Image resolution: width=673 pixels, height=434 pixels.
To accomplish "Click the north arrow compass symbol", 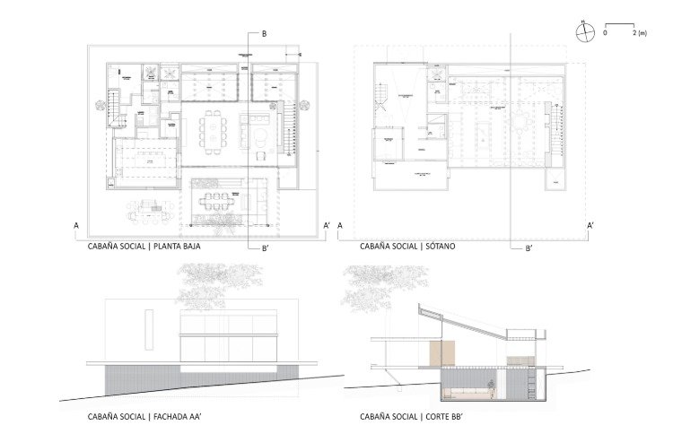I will point(585,32).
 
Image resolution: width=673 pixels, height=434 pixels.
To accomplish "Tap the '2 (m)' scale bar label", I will point(640,33).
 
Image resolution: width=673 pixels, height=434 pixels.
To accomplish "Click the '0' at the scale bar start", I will point(605,33).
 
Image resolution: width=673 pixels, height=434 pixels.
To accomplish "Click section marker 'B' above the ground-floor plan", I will point(264,34).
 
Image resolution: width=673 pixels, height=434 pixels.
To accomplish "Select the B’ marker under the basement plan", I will point(529,247).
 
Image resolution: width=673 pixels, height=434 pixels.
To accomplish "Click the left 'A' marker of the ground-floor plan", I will point(77,226).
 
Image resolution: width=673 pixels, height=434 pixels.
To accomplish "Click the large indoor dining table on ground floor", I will point(215,132).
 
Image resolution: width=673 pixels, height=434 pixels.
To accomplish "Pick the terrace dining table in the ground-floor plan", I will point(215,199).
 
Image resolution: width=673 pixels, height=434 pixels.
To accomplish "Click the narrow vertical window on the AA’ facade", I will point(150,320).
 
